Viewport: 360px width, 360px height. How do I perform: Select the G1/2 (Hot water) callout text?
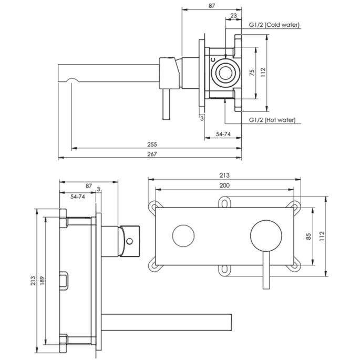tap(271, 120)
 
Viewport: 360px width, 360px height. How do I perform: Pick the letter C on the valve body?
tap(213, 61)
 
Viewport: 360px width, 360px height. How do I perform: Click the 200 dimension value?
tap(224, 185)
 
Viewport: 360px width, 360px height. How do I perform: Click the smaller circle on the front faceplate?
tap(182, 235)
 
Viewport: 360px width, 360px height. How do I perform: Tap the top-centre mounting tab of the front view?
tap(224, 201)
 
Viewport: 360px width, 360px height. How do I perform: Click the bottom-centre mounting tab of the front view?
tap(224, 270)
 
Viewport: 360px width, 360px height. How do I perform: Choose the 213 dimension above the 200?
tap(224, 175)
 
